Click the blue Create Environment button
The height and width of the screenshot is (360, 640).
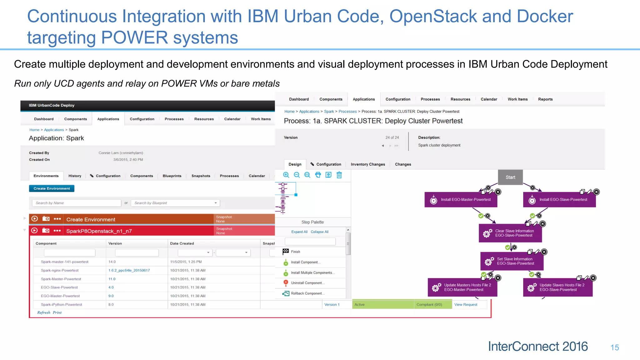52,188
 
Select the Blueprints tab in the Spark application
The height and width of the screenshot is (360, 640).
172,176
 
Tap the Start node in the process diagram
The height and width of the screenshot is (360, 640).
510,177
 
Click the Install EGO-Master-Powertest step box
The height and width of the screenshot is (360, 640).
461,200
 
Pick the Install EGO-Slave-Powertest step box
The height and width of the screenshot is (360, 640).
559,200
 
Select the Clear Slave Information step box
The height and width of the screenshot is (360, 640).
510,233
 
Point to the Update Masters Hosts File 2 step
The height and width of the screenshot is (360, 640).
462,287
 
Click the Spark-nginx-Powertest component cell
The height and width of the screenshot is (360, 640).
60,270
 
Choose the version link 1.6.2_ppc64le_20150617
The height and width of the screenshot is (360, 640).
129,270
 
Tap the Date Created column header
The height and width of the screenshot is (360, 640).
182,243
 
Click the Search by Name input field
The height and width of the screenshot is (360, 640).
77,203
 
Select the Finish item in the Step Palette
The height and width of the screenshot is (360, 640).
295,252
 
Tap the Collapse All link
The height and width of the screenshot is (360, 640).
319,232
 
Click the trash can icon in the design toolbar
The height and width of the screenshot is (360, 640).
339,175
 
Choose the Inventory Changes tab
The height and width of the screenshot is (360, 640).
368,164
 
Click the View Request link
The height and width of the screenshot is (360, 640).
466,305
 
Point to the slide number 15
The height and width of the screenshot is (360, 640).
615,347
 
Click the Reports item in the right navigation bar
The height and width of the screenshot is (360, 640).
545,99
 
